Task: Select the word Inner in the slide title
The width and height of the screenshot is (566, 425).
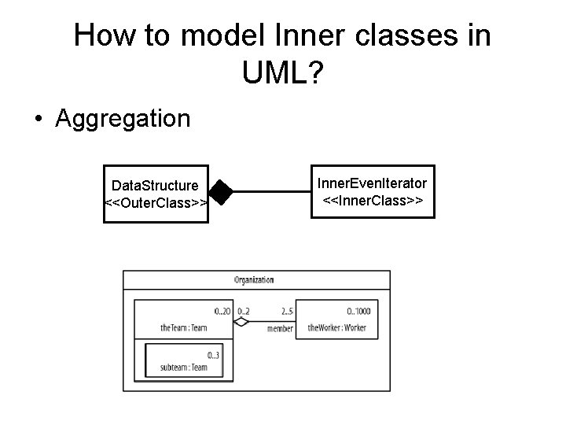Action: coord(305,35)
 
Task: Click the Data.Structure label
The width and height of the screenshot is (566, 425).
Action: coord(155,186)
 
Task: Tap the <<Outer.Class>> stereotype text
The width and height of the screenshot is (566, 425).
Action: coord(156,203)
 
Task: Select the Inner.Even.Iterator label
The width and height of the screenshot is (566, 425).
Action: coord(372,184)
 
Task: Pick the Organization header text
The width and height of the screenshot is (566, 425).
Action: coord(254,279)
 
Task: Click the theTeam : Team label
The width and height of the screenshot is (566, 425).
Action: coord(183,327)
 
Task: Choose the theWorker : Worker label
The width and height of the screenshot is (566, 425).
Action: coord(336,327)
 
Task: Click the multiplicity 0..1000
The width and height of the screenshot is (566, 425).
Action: coord(358,311)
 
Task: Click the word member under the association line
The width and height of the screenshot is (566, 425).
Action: coord(279,329)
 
